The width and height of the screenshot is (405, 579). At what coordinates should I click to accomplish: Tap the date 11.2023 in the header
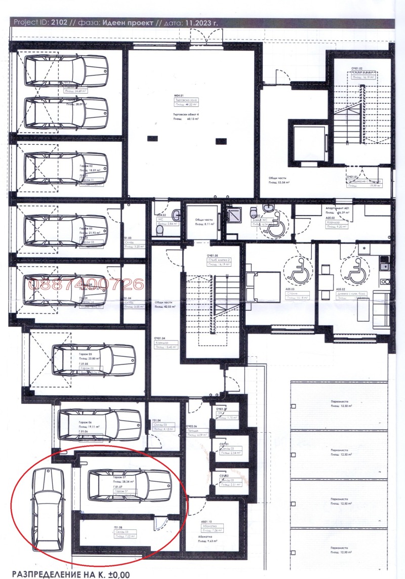coord(182,23)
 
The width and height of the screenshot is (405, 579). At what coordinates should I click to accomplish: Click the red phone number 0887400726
coord(86,285)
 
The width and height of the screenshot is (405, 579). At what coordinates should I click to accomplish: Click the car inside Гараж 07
coord(129,485)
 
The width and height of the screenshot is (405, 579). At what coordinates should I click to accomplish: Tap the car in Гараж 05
coord(94,360)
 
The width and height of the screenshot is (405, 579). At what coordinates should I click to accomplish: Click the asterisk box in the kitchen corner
coord(363,249)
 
